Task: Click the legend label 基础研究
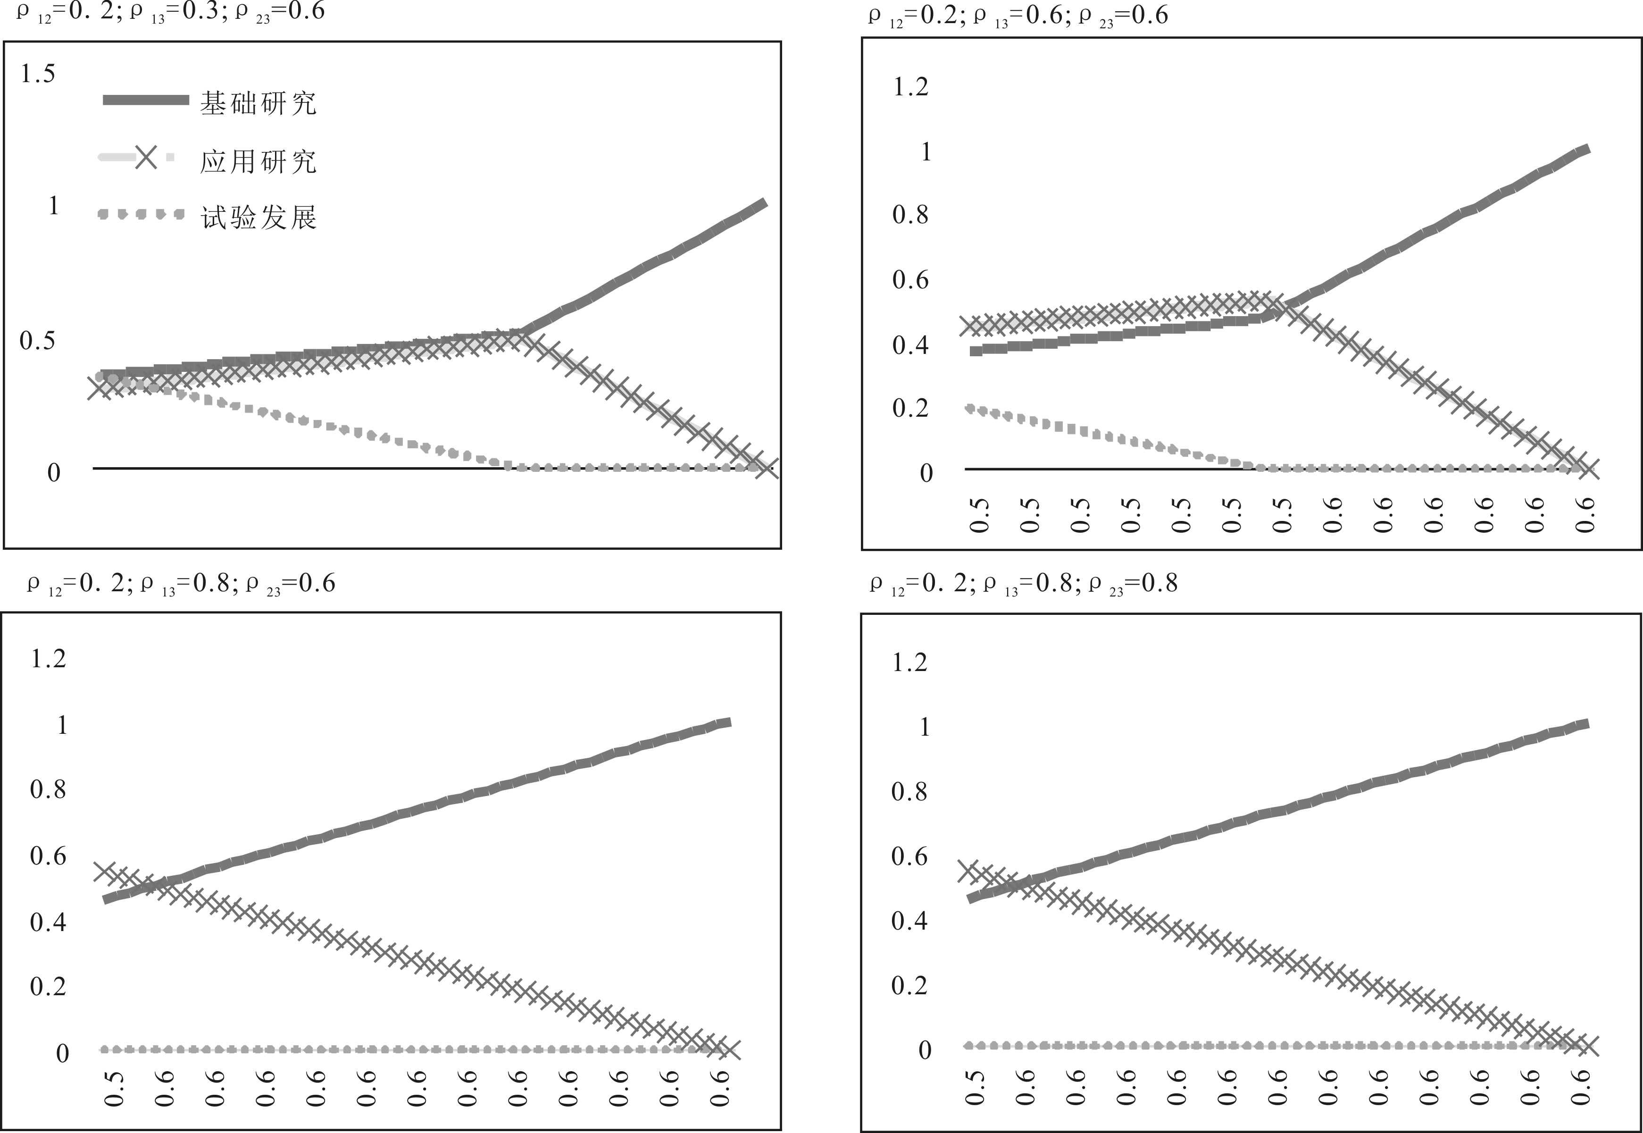[258, 104]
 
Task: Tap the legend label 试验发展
[258, 217]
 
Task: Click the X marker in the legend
[145, 157]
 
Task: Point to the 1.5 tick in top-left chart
[38, 74]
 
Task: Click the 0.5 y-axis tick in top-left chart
[38, 341]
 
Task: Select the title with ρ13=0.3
[170, 13]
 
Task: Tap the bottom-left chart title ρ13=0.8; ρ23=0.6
[181, 584]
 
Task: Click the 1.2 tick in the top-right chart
[910, 87]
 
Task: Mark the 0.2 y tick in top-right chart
[910, 408]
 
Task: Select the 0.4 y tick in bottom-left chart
[48, 922]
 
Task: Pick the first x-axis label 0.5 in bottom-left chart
[114, 1088]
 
